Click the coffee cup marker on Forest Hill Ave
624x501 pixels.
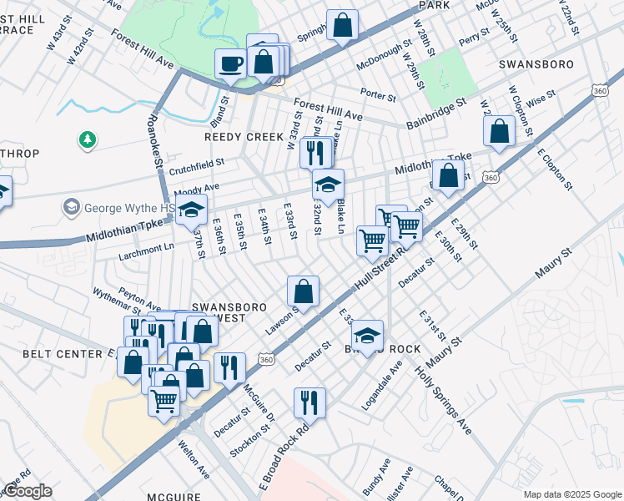(x=230, y=63)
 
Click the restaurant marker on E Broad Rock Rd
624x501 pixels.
(x=309, y=402)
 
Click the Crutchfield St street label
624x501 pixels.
(x=198, y=167)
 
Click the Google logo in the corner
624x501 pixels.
(x=28, y=491)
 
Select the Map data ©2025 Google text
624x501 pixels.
(x=571, y=493)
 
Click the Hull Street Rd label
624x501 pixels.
(x=380, y=269)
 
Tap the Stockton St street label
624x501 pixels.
(x=249, y=439)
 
